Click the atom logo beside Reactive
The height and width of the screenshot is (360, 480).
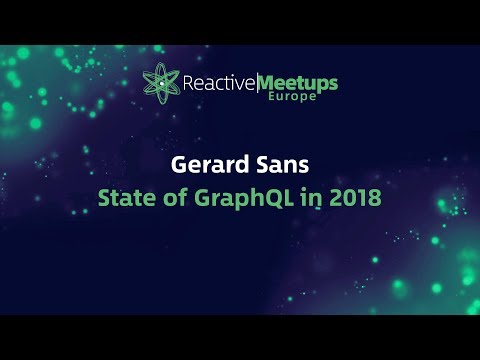[x=162, y=82]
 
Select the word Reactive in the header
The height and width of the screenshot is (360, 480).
[x=219, y=82]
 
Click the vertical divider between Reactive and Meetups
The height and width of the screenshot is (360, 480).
[x=257, y=82]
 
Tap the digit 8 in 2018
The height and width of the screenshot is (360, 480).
[x=376, y=197]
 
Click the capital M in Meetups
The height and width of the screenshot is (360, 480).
[x=267, y=81]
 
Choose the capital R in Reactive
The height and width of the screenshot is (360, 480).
[x=188, y=82]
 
